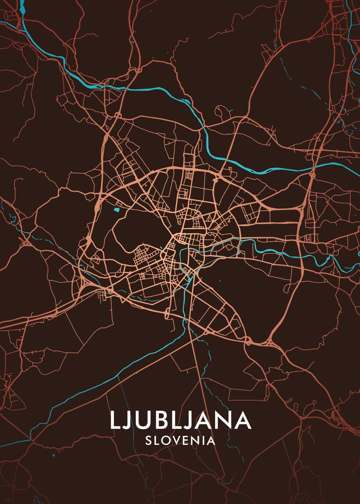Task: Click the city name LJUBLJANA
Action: coord(181,420)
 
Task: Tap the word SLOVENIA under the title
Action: coord(180,441)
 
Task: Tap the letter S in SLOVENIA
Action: coord(148,441)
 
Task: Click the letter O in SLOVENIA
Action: coord(166,441)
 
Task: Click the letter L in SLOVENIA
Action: coord(157,441)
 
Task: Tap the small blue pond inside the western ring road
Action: coord(116,209)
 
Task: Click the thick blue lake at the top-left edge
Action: coord(21,21)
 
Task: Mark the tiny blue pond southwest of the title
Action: coord(54,455)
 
